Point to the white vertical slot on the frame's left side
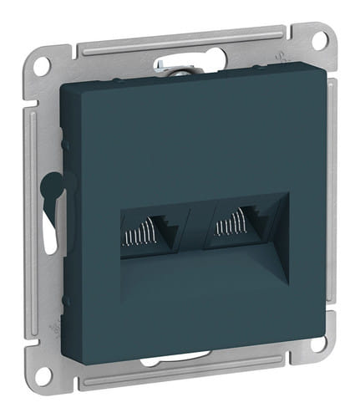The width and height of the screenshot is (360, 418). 52,234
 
